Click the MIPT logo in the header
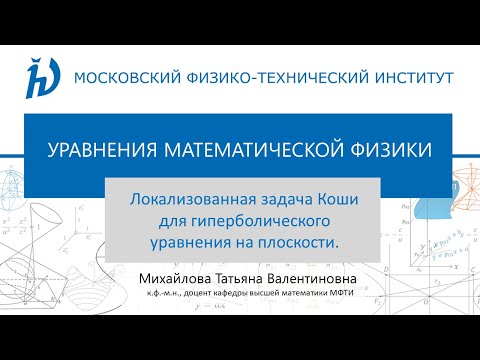tap(42, 75)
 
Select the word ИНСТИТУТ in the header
tap(411, 76)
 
